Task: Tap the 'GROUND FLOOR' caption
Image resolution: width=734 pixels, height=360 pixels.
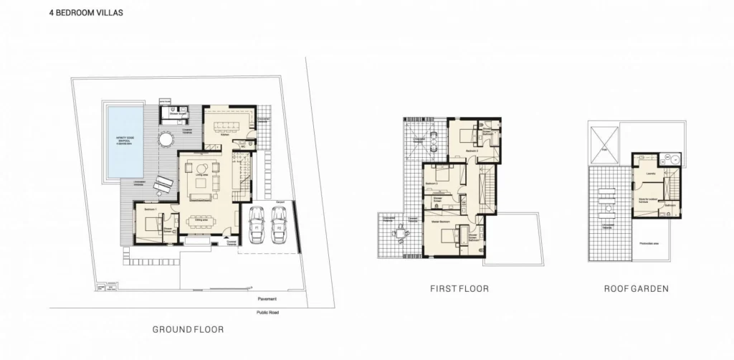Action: (x=189, y=329)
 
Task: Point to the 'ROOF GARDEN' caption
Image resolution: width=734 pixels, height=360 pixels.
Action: (x=636, y=288)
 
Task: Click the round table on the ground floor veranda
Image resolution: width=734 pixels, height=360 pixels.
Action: (x=166, y=138)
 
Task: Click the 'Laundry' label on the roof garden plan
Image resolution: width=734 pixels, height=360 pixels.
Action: (x=651, y=173)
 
